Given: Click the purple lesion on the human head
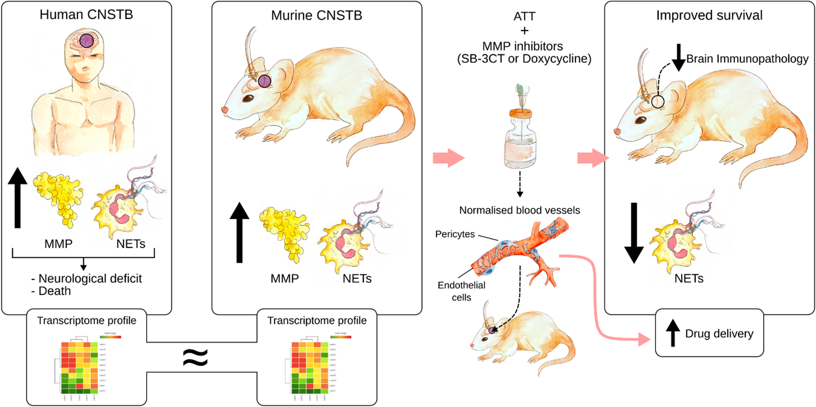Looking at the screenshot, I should tap(87, 41).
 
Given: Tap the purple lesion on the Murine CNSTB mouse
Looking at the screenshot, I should tap(265, 81).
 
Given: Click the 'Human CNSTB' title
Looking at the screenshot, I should tap(86, 15).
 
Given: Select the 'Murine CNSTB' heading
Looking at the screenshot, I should tap(317, 15).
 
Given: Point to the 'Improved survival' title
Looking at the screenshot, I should tap(709, 15).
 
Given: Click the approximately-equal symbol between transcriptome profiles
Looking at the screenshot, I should tap(195, 357).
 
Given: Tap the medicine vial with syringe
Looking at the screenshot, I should tap(520, 130).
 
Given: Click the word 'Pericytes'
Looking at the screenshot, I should tap(455, 234).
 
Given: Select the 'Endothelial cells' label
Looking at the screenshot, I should tap(461, 291).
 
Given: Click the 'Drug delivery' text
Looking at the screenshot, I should tap(719, 333).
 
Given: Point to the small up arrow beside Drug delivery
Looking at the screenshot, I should tap(673, 333).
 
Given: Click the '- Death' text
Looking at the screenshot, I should tap(51, 291).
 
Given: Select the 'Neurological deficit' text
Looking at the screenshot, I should tap(90, 279).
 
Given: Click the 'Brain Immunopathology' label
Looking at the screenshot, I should tap(747, 59).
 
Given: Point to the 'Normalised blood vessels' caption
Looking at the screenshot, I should tap(519, 210).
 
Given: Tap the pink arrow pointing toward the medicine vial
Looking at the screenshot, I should tap(448, 158).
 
